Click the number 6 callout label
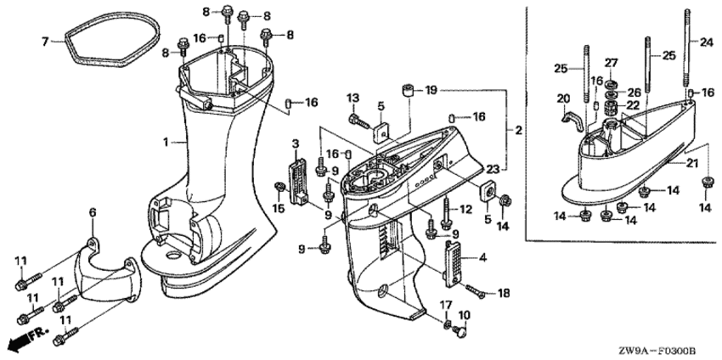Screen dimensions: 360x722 tap(93, 211)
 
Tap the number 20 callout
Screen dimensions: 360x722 tap(561, 98)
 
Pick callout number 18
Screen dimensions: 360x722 tap(503, 293)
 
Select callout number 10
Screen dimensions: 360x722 tap(464, 316)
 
